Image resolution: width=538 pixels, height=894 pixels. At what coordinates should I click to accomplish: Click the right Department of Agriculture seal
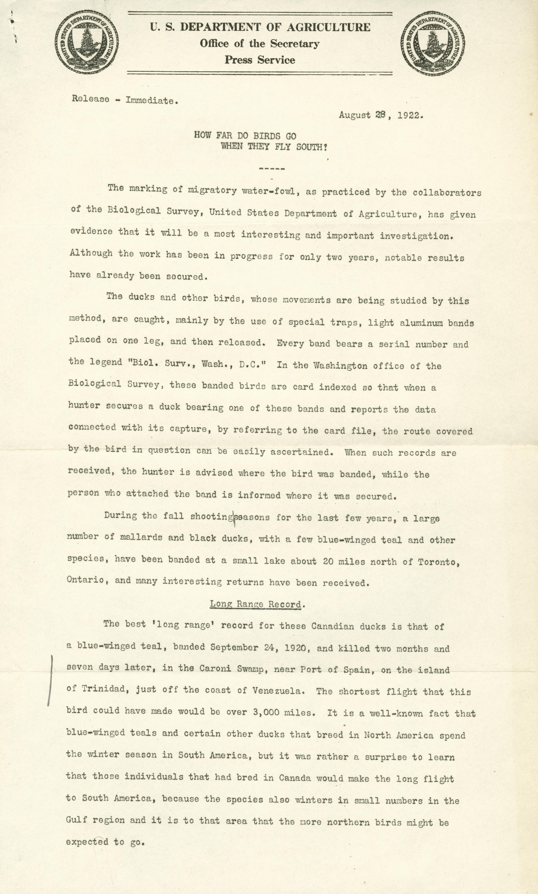pyautogui.click(x=433, y=43)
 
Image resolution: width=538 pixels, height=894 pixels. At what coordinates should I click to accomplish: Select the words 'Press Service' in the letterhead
pyautogui.click(x=260, y=60)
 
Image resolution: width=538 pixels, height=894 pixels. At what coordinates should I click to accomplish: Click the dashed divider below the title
pyautogui.click(x=272, y=169)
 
